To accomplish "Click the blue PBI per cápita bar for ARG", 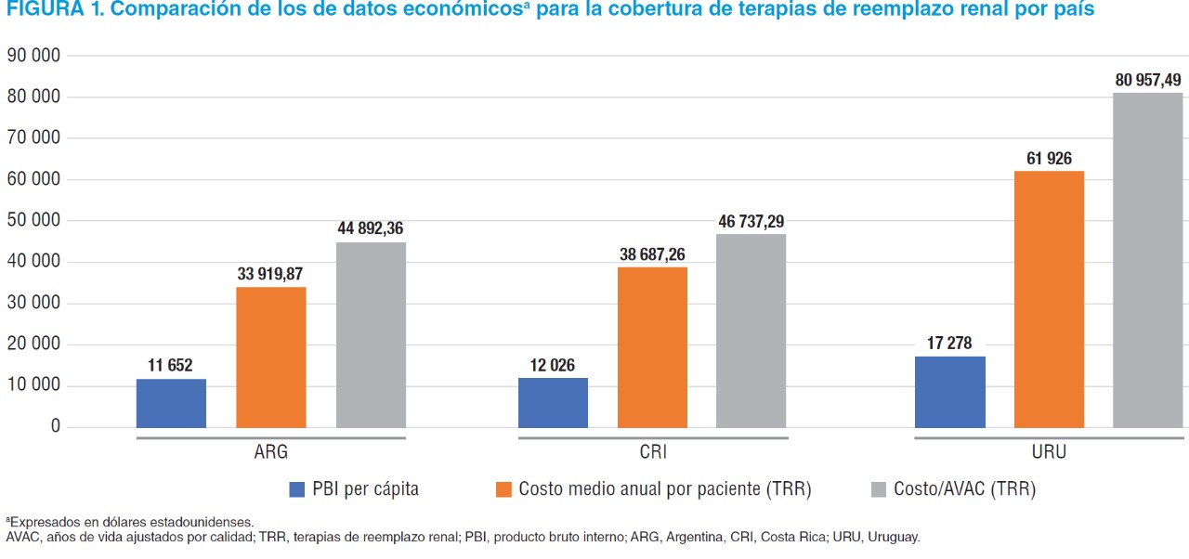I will point(171,403).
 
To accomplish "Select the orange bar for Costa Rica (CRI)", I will point(652,347).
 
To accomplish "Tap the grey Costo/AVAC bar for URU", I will point(1148,260).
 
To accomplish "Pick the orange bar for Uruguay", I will point(1049,299).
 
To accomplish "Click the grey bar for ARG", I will point(371,334).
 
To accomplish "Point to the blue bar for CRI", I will point(553,402).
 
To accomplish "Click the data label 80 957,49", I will point(1148,81).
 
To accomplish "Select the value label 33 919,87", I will point(269,274).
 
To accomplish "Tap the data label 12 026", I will point(552,365).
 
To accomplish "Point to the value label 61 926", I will point(1049,159).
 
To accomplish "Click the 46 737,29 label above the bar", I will point(751,222).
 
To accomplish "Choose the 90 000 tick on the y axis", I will point(34,56).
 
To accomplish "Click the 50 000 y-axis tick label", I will point(34,221).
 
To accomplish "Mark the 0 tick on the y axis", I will point(56,427).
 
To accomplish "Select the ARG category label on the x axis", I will point(270,453).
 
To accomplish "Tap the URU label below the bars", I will point(1049,453).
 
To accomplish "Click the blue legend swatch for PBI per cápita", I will point(297,489).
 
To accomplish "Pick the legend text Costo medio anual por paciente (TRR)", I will point(665,489).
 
